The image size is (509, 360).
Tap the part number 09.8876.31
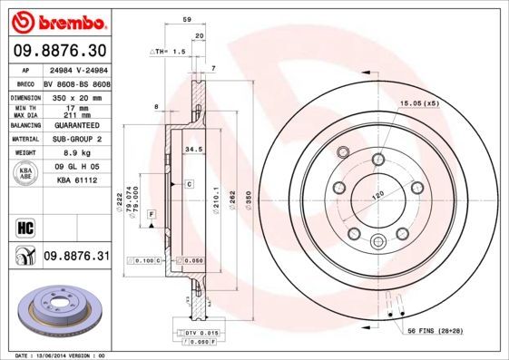76,257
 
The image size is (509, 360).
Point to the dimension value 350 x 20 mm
75,96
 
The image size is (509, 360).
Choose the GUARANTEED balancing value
75,126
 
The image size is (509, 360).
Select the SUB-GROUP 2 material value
75,141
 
